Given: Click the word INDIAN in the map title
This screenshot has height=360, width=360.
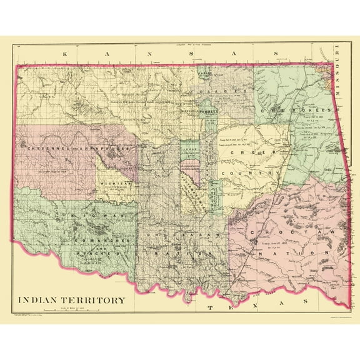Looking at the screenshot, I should coord(41,299).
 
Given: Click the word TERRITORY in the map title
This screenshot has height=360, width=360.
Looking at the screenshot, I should coord(94,299).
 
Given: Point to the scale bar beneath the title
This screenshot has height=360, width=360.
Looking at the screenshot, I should coord(75,309).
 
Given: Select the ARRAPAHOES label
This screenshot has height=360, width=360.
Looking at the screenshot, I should coord(102,150).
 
